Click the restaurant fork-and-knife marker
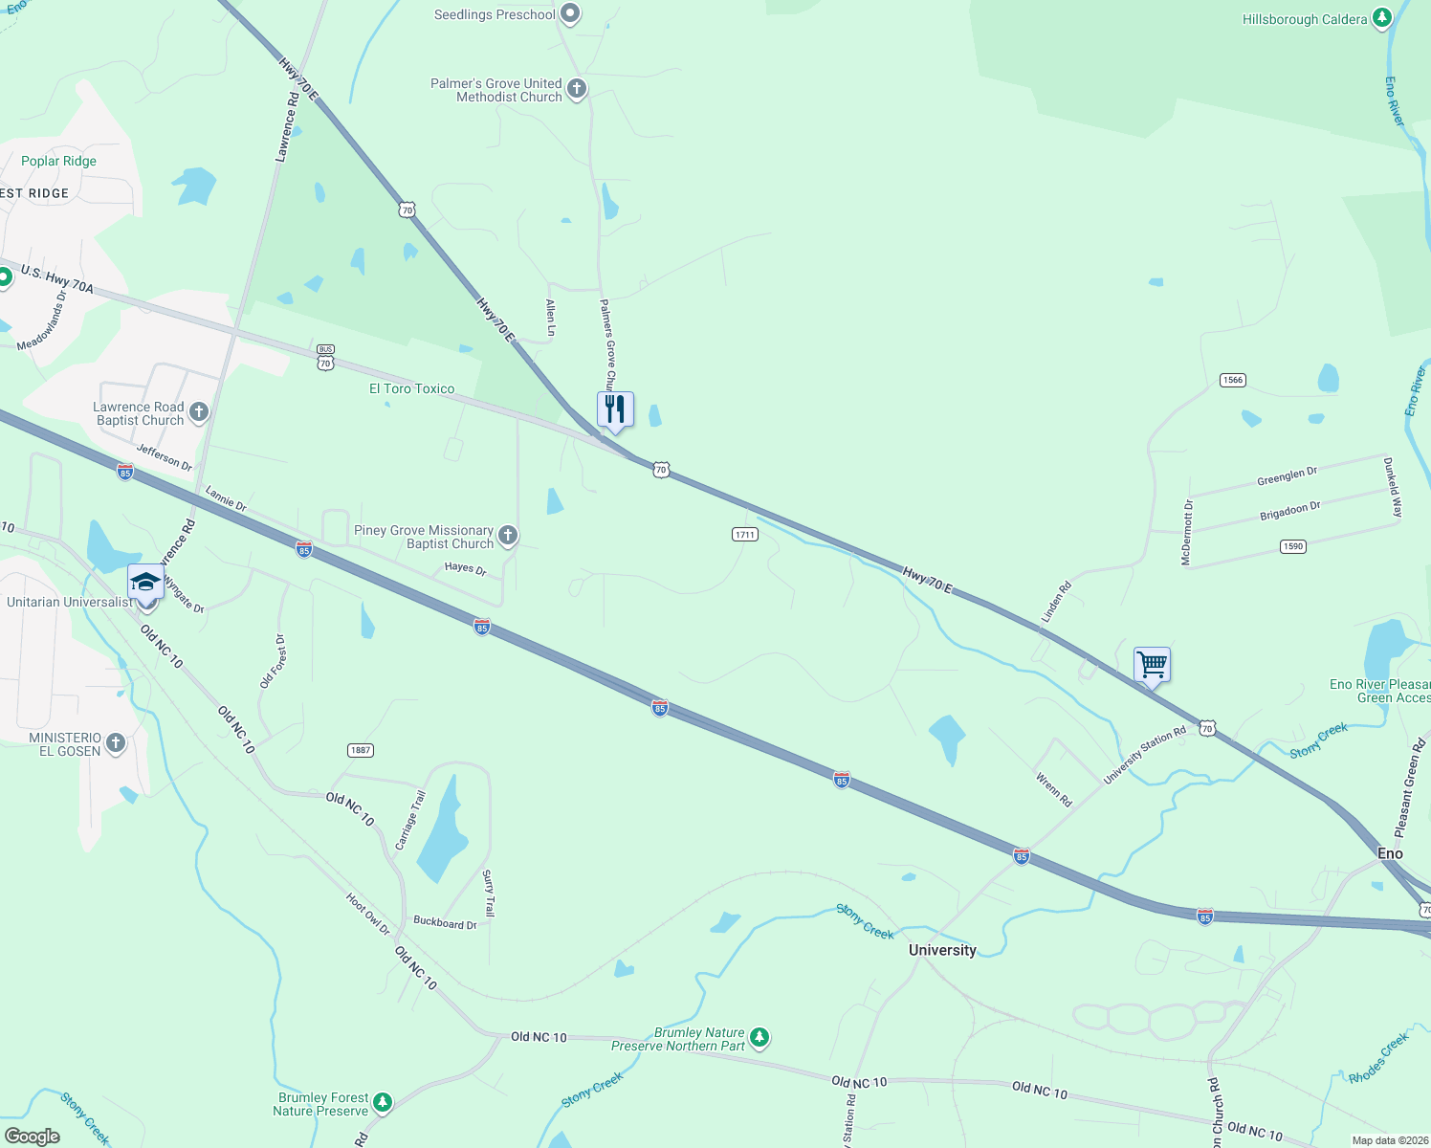(x=615, y=409)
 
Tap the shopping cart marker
(x=1152, y=664)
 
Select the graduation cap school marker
(x=145, y=583)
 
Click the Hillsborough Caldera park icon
(x=1381, y=18)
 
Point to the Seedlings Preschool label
(x=495, y=14)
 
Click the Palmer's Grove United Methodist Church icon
(x=576, y=89)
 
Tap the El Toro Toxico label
(x=412, y=388)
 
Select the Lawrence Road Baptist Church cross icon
(x=199, y=412)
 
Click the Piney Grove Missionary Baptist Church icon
(x=508, y=536)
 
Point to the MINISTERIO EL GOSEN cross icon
(x=116, y=743)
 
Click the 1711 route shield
(x=745, y=534)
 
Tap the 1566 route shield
(x=1232, y=380)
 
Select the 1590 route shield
(x=1292, y=546)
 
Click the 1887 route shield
(x=361, y=750)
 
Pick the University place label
(x=942, y=950)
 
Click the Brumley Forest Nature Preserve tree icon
(x=383, y=1103)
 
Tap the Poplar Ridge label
(x=58, y=161)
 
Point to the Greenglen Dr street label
(x=1287, y=475)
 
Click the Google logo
(x=32, y=1137)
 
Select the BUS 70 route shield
(x=325, y=358)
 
